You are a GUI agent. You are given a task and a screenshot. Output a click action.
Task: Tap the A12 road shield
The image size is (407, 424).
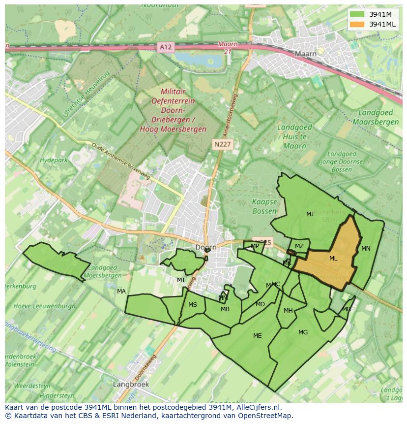pos(166,47)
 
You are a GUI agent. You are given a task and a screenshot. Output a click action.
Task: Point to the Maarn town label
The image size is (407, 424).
pos(305,53)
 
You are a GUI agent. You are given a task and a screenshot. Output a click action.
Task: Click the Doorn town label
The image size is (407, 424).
pos(205,248)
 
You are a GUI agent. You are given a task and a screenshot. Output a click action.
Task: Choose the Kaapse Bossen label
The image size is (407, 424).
pos(264,206)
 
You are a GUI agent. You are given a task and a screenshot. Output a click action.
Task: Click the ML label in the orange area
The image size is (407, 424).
pos(333,259)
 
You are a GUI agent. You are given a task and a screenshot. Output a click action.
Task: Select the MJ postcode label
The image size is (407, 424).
pos(310,214)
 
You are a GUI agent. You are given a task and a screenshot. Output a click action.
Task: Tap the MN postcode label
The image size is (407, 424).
pos(366,249)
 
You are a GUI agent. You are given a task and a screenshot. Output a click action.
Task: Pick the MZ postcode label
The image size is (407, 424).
pos(299,246)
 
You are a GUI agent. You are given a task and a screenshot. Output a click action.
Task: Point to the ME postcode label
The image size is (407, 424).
pos(257,336)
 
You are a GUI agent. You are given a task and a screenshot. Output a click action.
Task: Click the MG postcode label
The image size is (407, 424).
pos(303,332)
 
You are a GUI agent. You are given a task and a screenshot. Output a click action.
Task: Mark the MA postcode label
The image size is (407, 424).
pos(121,292)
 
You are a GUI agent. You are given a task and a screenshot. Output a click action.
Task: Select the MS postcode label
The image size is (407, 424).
pos(192,305)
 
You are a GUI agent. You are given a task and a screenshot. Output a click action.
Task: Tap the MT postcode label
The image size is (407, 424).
pos(181,280)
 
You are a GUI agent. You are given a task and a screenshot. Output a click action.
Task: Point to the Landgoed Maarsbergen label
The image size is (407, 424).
pos(378,117)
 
